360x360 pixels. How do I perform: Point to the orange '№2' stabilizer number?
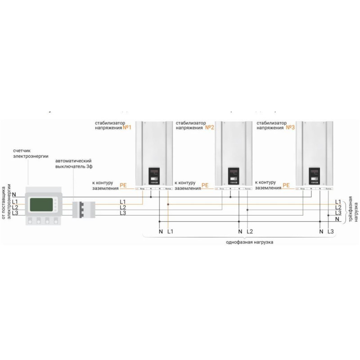tap(209, 128)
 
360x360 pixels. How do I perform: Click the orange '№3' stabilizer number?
tap(290, 128)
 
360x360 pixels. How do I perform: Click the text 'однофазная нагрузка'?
tap(250, 242)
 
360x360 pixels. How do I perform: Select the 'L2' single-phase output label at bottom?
tap(250, 231)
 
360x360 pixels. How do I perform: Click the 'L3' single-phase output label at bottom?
tap(331, 231)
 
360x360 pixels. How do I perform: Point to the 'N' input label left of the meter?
tap(14, 194)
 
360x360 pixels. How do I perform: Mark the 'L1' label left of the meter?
tap(15, 201)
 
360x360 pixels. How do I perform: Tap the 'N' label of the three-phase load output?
tap(337, 218)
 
